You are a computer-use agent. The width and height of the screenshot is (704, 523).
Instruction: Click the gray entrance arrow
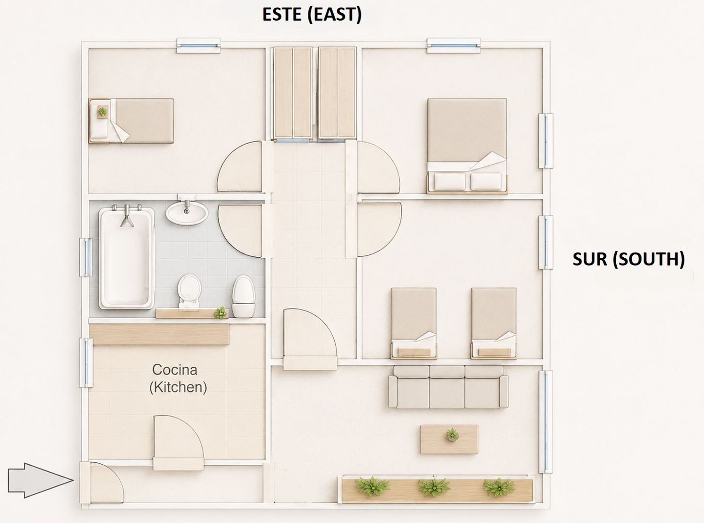40,480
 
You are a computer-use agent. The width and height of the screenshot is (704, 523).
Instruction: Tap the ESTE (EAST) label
312,15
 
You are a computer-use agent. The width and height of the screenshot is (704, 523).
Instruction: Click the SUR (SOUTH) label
628,259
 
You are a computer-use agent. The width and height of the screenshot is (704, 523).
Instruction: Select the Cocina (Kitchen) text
178,378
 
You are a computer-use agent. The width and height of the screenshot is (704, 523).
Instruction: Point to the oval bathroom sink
187,212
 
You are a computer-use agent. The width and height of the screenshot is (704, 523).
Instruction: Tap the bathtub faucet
127,216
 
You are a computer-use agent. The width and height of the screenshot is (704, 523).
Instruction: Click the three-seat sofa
448,386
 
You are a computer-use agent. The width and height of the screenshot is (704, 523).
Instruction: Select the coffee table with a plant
449,439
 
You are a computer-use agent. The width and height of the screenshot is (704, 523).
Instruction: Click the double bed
467,146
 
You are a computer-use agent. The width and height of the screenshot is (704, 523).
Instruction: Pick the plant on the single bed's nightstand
102,111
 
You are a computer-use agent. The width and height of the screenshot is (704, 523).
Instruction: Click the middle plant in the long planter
434,487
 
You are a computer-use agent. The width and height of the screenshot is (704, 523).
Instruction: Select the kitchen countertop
159,334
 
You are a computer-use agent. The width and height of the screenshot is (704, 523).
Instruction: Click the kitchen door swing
178,443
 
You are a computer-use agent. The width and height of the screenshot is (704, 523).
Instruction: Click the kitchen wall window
86,362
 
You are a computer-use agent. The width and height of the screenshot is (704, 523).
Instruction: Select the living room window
546,422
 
